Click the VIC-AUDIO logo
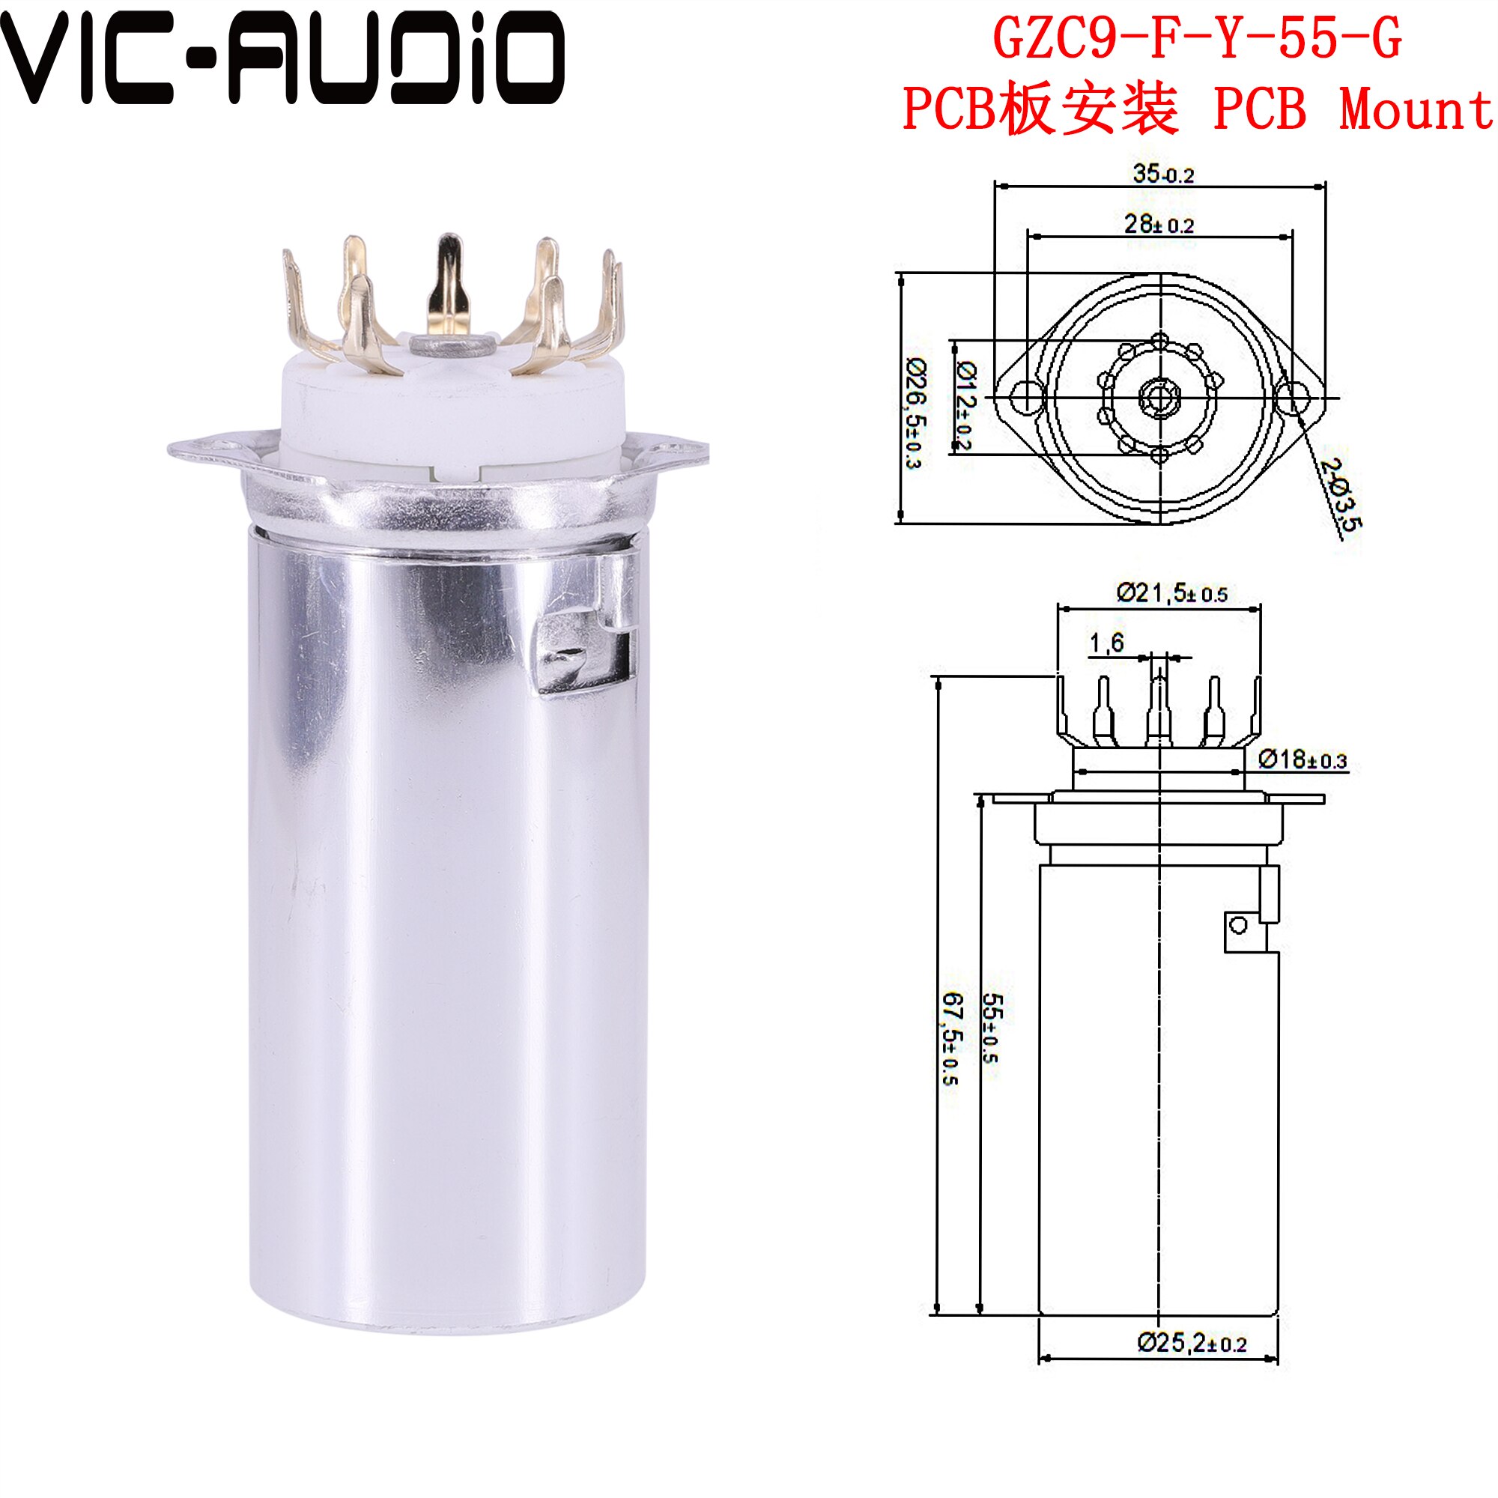[x=283, y=58]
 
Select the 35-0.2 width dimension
[x=1163, y=174]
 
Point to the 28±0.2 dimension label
[x=1159, y=225]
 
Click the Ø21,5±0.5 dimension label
[x=1171, y=594]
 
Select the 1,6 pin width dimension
[x=1106, y=642]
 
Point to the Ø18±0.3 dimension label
[x=1302, y=759]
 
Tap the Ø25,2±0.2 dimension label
[x=1191, y=1342]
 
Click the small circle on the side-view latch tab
[x=1238, y=925]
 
